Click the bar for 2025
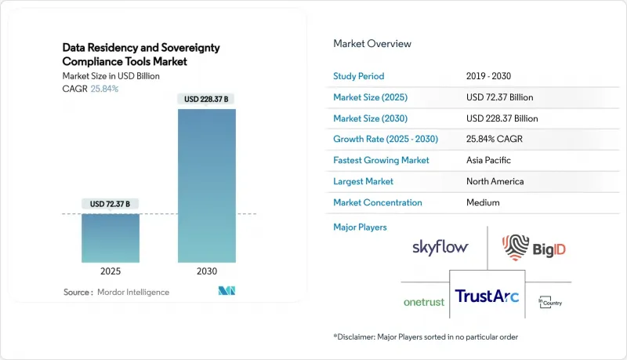click(111, 238)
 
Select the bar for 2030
click(207, 186)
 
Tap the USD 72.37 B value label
click(110, 204)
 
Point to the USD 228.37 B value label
click(206, 99)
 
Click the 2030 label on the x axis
click(207, 271)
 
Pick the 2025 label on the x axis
click(111, 271)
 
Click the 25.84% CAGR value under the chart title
click(104, 89)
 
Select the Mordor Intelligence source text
click(133, 292)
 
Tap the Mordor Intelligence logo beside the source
click(227, 291)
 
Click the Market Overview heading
click(372, 44)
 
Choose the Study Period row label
click(359, 76)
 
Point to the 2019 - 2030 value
click(488, 76)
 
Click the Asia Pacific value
click(488, 160)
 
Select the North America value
click(495, 181)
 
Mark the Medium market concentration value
click(483, 202)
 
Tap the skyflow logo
click(440, 247)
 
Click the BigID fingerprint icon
click(516, 247)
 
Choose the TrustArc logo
click(487, 296)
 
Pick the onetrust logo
click(424, 302)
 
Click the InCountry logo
click(550, 302)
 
